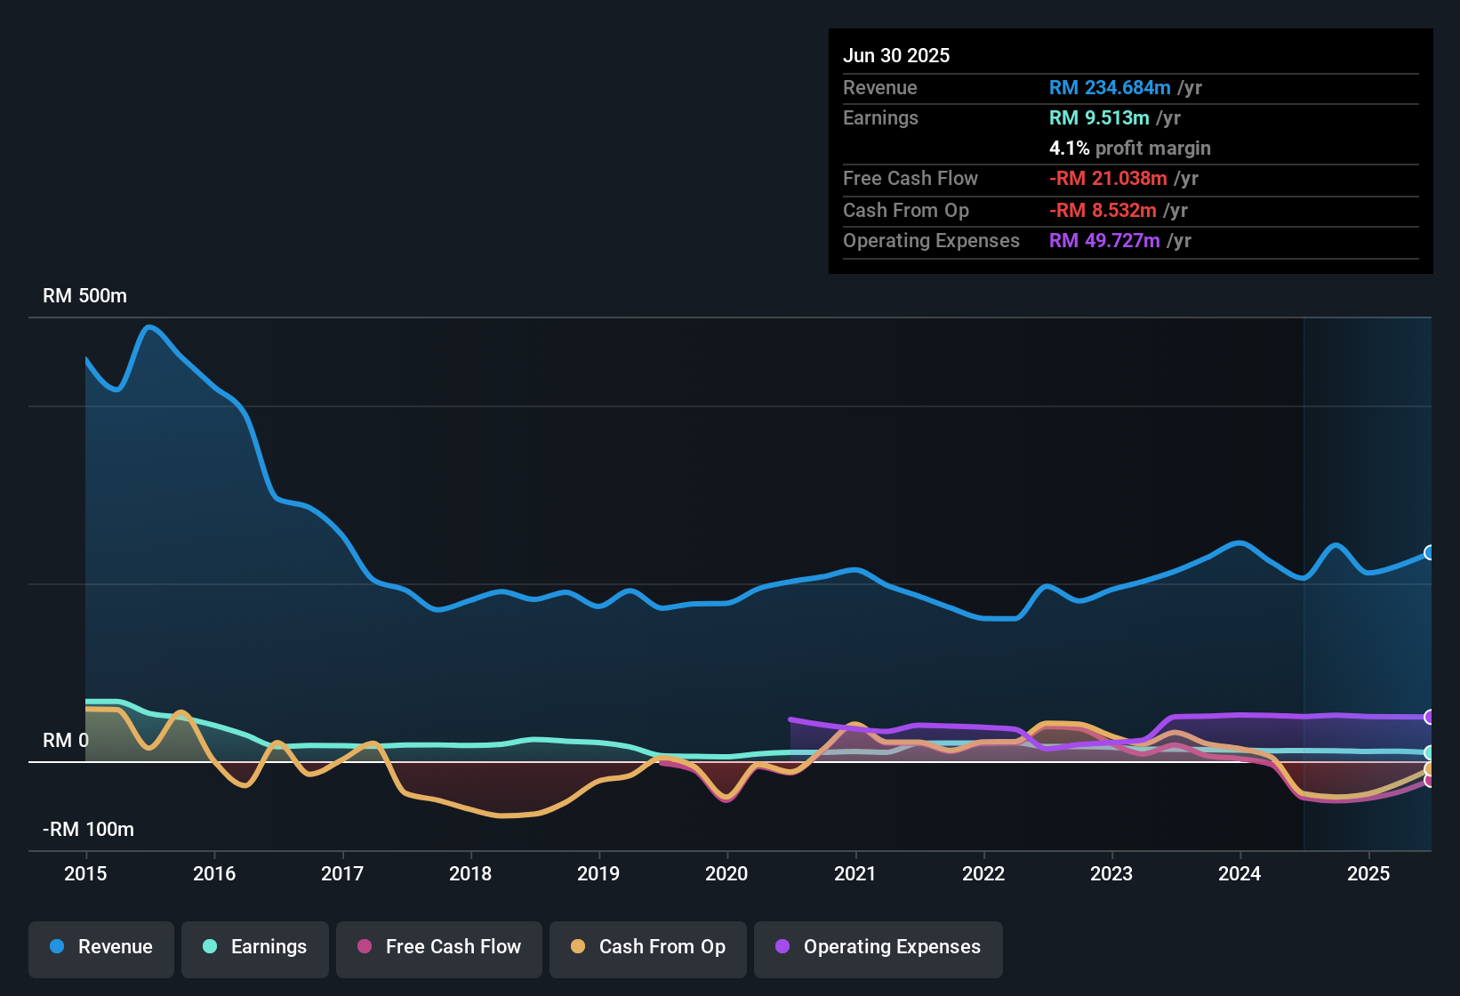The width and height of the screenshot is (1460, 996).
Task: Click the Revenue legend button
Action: point(101,947)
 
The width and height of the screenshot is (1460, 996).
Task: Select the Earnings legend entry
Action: point(255,947)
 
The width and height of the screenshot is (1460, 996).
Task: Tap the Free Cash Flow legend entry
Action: point(439,947)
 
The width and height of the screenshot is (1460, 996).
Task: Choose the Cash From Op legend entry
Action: point(648,947)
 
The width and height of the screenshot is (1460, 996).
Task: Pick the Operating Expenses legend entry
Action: point(878,947)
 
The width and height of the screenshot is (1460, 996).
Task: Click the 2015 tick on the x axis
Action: point(85,873)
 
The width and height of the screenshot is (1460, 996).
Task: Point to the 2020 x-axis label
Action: point(726,873)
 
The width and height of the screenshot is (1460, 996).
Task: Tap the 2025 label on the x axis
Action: point(1368,873)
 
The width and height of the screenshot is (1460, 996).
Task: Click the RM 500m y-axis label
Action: point(84,295)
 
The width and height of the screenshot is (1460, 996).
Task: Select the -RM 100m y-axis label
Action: point(88,829)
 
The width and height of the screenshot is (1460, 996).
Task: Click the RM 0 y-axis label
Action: point(65,740)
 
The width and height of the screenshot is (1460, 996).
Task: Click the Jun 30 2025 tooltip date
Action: point(895,55)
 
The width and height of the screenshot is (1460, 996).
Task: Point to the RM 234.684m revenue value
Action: point(1109,87)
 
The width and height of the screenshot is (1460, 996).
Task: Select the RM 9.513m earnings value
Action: point(1098,117)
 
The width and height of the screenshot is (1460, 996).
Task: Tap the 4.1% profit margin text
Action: point(1129,148)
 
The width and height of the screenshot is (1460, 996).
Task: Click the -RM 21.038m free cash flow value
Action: point(1107,178)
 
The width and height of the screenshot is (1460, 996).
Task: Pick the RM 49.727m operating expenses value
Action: point(1103,240)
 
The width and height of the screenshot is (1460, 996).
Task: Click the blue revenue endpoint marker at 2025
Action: point(1429,552)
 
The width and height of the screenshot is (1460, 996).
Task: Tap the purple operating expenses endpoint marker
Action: point(1429,717)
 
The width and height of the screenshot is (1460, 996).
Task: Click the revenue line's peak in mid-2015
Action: point(148,327)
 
